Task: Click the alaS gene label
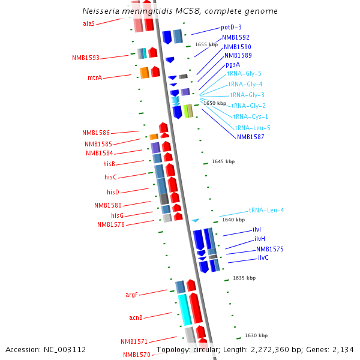coord(89,23)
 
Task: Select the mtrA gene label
coord(95,78)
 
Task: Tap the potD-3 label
coord(231,27)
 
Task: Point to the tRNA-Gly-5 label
coord(244,73)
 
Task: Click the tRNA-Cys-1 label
coord(251,116)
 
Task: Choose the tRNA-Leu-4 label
coord(266,210)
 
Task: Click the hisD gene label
coord(113,192)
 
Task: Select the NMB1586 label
coord(96,133)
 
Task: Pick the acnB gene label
coord(136,317)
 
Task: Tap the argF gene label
coord(131,295)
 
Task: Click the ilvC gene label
coord(263,257)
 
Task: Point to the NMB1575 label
coord(270,249)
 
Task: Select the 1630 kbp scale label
coord(256,335)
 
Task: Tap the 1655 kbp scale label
coord(206,44)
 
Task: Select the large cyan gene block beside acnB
coord(184,309)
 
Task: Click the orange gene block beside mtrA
coord(144,73)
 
